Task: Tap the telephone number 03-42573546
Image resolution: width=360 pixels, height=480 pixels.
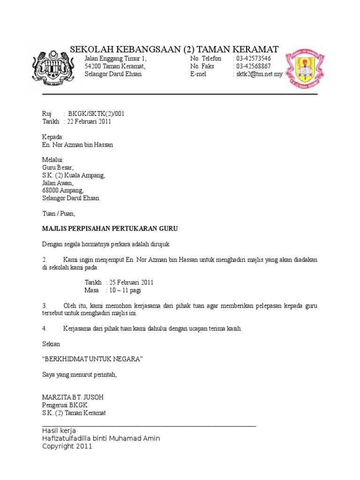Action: (x=253, y=59)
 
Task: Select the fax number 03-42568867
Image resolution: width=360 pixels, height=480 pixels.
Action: (x=253, y=67)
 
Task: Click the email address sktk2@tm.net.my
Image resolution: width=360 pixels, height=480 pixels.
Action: (x=259, y=75)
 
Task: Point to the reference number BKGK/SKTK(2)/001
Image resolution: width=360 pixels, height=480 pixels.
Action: (x=97, y=114)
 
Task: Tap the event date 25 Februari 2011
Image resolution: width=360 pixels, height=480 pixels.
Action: (x=131, y=283)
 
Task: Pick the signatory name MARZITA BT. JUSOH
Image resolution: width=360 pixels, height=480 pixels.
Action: (x=73, y=397)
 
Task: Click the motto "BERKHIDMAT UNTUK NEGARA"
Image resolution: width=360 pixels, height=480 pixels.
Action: (x=92, y=359)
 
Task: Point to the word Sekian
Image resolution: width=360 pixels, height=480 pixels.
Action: (x=51, y=344)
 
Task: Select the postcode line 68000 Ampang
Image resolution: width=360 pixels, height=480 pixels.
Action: (x=63, y=190)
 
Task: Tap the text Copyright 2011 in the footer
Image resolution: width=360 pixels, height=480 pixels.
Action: (x=67, y=446)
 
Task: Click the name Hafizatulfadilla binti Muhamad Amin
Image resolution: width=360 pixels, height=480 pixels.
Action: (x=101, y=438)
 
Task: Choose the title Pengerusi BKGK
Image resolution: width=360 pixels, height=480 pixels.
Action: (x=65, y=405)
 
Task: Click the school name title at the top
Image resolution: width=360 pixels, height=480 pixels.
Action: (x=174, y=49)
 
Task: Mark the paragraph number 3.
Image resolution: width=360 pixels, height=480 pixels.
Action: (x=44, y=306)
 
